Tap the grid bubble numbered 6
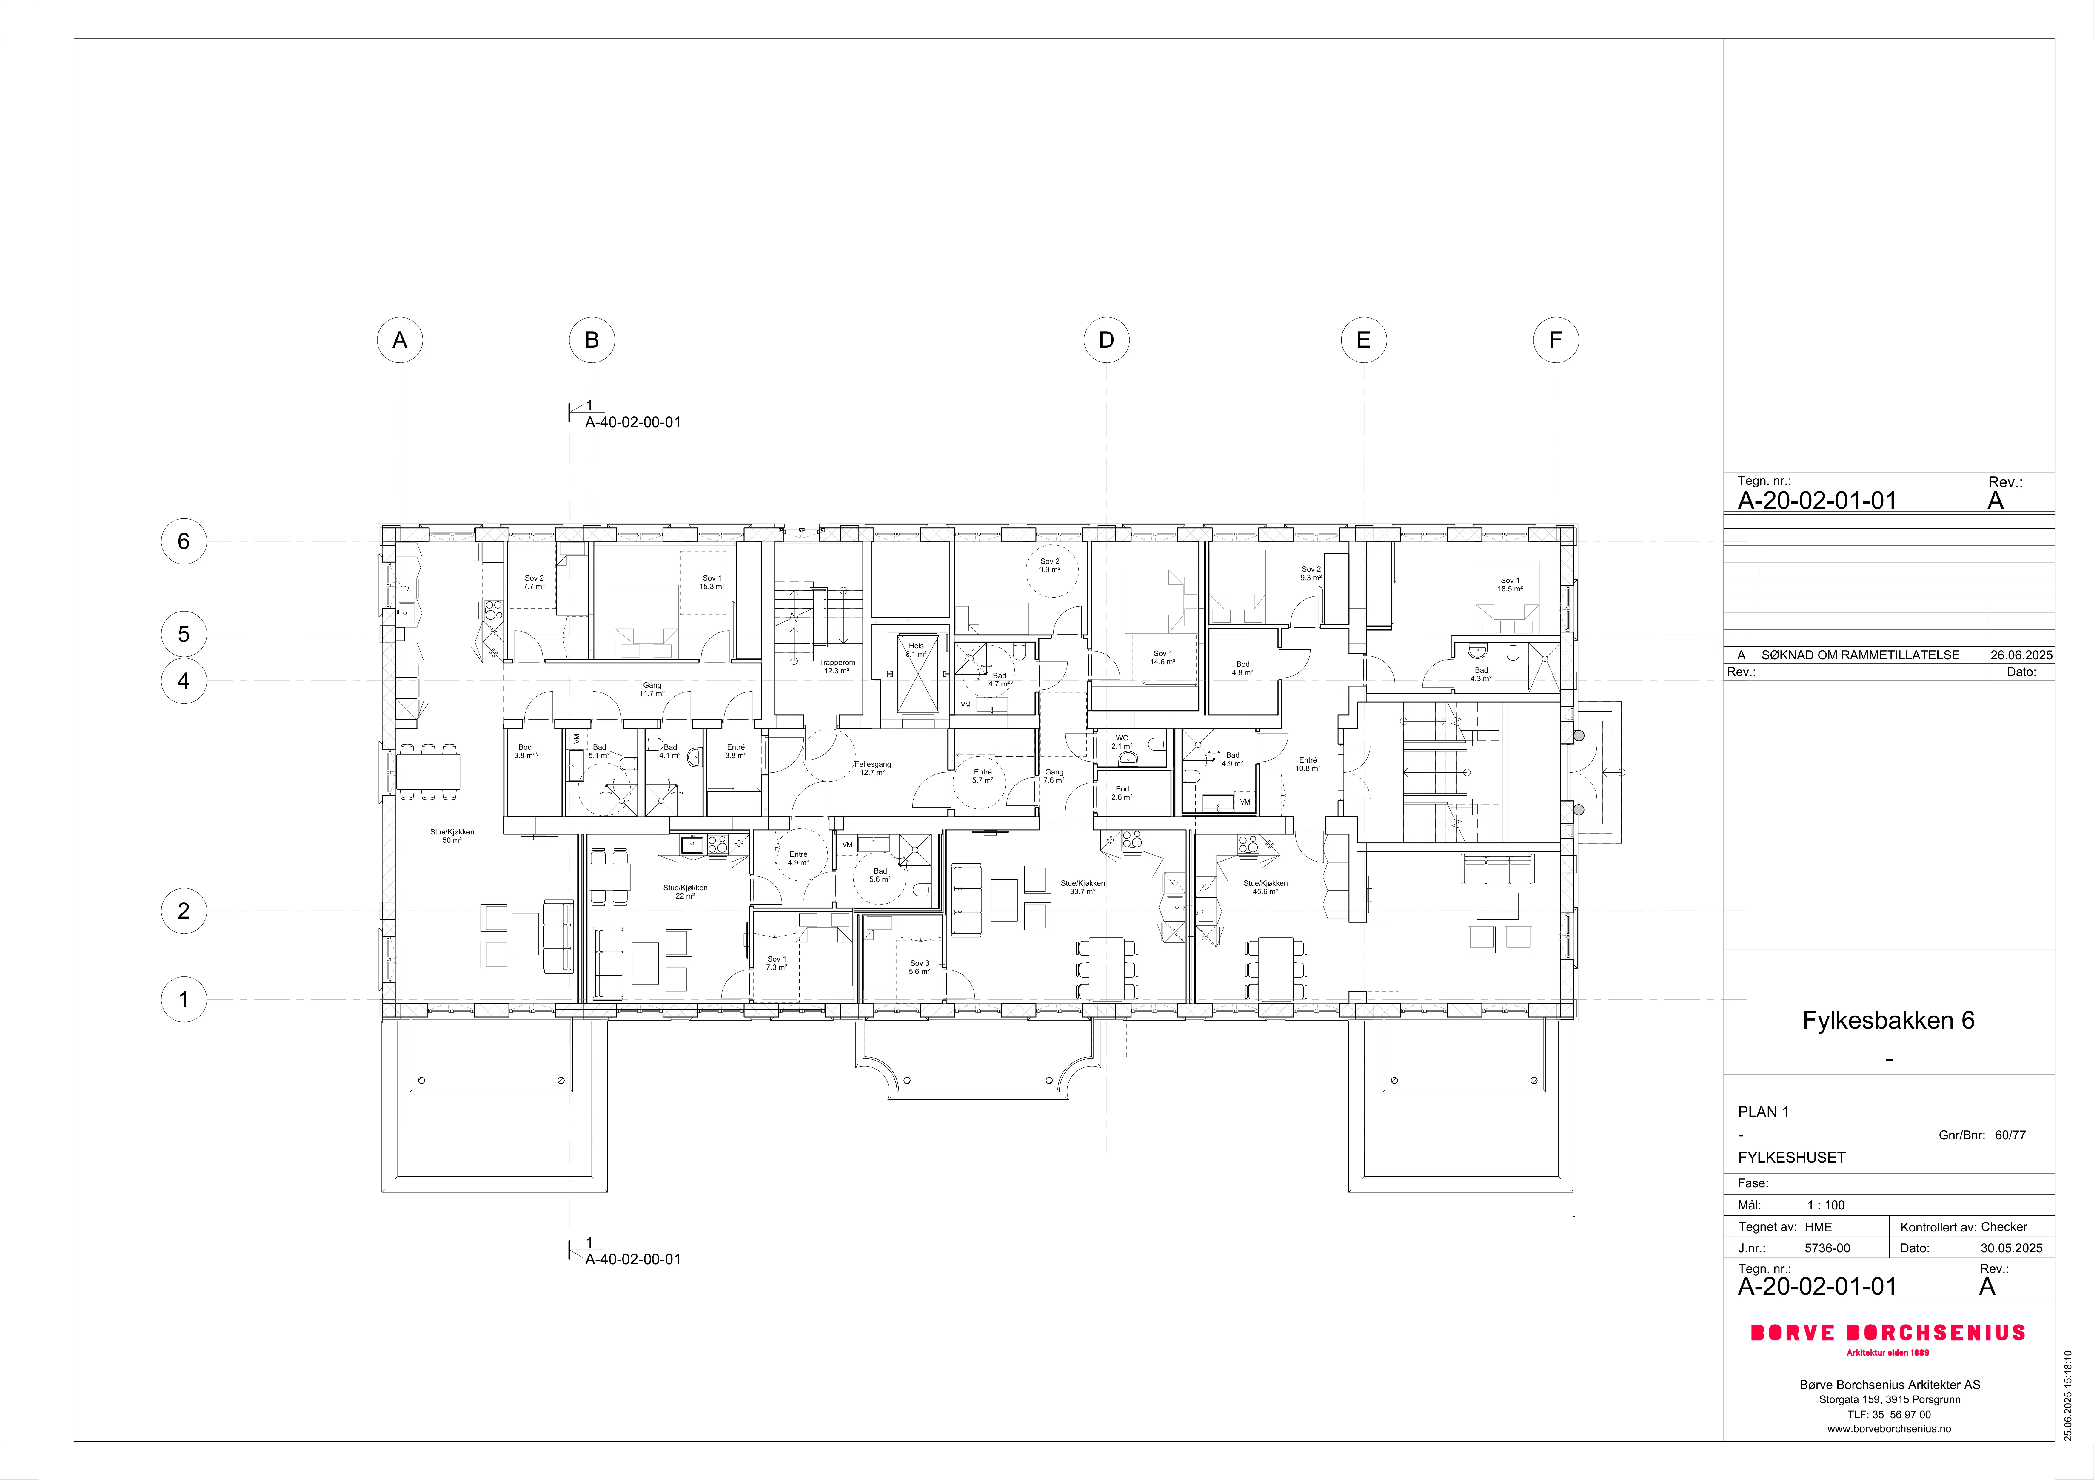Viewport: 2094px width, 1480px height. (183, 542)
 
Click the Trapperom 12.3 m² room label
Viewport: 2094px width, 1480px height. (836, 666)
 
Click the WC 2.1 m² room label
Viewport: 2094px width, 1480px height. (1122, 742)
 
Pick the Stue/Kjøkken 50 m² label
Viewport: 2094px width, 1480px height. (452, 836)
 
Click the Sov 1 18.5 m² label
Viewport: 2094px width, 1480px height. (1510, 584)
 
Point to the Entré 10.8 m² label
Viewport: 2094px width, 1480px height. (1308, 764)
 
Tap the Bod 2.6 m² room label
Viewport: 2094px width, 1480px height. (1122, 793)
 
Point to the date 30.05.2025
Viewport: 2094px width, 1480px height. (2011, 1248)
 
